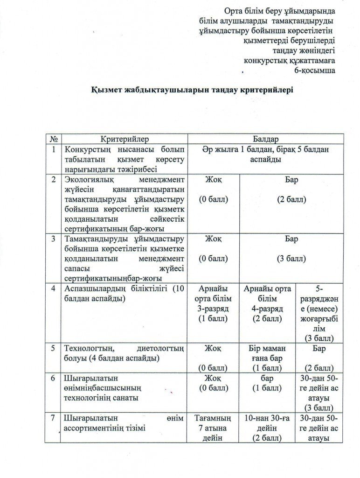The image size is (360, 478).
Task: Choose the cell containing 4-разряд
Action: [x=267, y=309]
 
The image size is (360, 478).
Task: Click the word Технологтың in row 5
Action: [x=86, y=348]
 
